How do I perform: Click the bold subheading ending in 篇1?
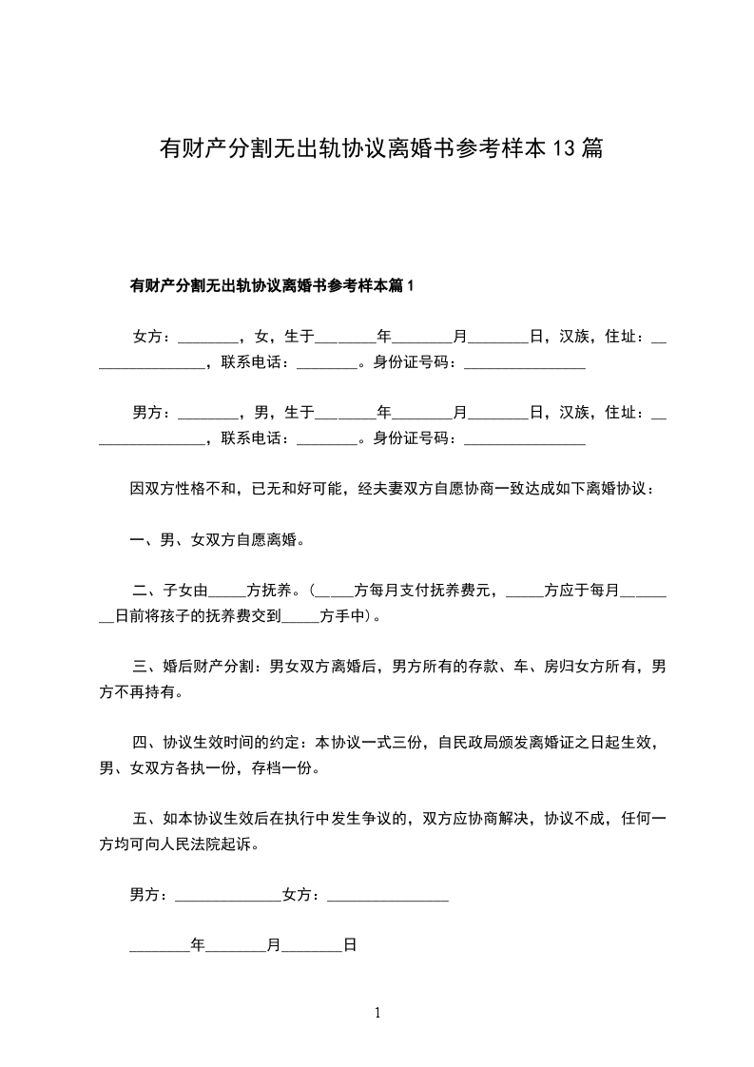(x=273, y=285)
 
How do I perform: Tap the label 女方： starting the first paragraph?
(x=152, y=337)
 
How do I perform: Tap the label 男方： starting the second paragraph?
(x=152, y=413)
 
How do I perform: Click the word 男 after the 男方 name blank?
(x=262, y=413)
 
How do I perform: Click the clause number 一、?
(x=145, y=540)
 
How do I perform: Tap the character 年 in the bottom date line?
(x=198, y=946)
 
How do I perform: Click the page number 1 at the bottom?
(x=377, y=1014)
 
